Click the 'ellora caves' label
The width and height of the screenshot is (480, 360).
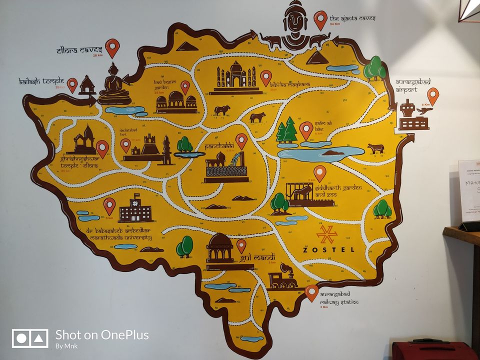tap(80, 50)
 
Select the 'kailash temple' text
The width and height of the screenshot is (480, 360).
tap(42, 80)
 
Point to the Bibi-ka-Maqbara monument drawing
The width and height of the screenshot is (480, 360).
tap(235, 78)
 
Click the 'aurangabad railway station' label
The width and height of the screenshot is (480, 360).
tap(338, 298)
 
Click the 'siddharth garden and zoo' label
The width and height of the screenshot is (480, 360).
tap(338, 191)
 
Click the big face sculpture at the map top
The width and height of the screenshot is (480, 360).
tap(295, 25)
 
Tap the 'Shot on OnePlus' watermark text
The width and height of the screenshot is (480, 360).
tap(101, 335)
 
